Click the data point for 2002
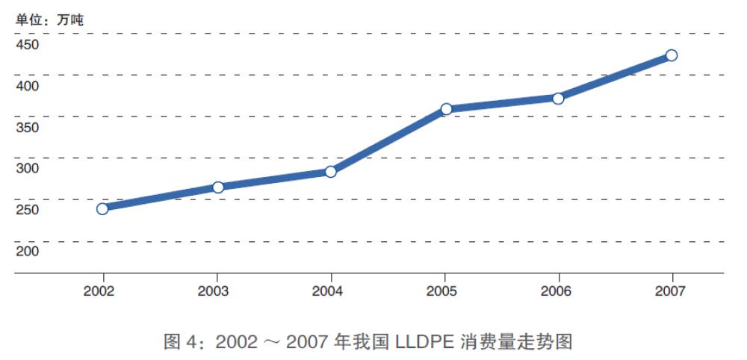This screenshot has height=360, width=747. (102, 208)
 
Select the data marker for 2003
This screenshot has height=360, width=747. (218, 187)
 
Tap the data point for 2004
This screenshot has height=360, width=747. (331, 172)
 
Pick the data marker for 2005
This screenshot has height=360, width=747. (446, 109)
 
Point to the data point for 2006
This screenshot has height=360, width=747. (558, 98)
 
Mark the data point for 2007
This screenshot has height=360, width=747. (672, 55)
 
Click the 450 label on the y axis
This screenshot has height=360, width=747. (28, 44)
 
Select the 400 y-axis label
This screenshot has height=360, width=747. (28, 86)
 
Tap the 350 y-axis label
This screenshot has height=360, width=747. (28, 127)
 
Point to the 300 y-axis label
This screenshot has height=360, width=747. (28, 168)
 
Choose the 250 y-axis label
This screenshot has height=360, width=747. (28, 210)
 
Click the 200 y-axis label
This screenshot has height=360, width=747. (28, 252)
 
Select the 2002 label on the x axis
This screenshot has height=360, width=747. (99, 291)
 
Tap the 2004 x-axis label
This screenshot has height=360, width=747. (327, 291)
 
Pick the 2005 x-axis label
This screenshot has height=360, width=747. (442, 291)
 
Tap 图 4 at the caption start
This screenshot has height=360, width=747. (179, 342)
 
